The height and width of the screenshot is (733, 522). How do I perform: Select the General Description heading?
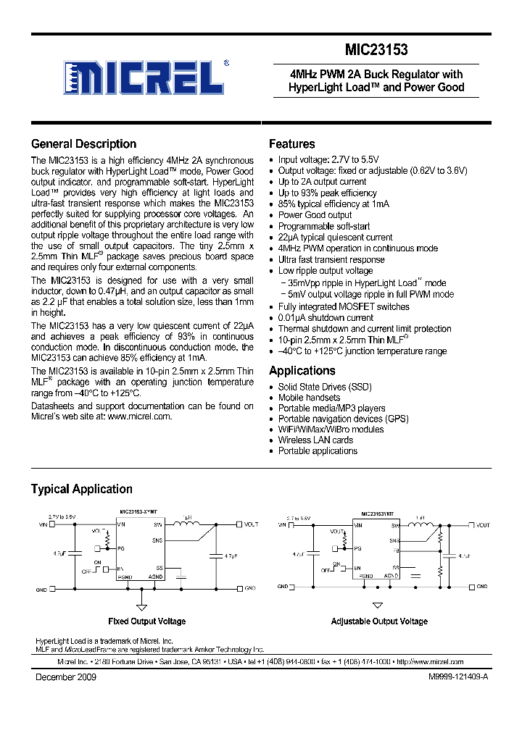(83, 143)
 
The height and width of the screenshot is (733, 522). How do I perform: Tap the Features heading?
(291, 143)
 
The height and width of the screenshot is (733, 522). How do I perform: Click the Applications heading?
(302, 370)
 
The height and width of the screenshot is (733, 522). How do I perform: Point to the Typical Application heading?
(81, 489)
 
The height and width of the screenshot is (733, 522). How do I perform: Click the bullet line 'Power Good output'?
(315, 215)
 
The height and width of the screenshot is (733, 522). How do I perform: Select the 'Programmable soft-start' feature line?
(323, 226)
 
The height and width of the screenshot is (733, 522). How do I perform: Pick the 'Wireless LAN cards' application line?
(315, 440)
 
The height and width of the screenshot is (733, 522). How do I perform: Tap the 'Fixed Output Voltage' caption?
(146, 621)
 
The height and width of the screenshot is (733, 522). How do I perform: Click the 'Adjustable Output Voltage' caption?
(379, 621)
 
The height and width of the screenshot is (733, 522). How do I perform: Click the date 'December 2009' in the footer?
(66, 677)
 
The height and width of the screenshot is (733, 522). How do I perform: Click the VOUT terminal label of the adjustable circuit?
(483, 524)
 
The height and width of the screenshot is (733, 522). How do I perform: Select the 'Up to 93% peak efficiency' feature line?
(327, 193)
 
